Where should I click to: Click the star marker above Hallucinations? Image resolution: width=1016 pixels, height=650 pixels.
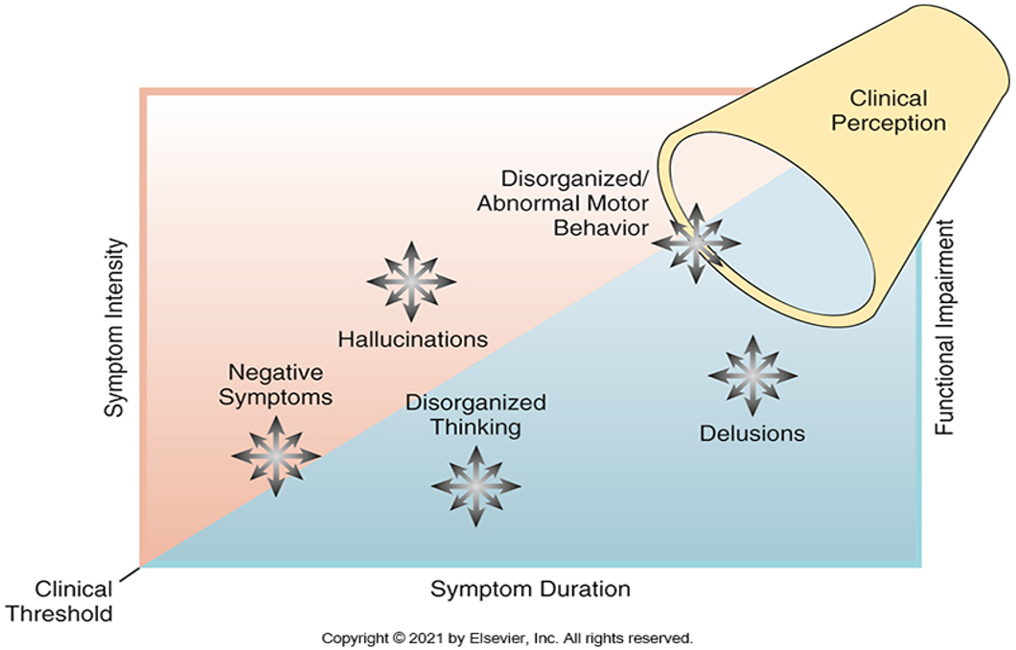point(411,281)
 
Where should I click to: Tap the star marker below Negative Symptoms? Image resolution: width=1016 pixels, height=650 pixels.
point(276,456)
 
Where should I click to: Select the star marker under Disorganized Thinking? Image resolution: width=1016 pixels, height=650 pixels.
point(475,485)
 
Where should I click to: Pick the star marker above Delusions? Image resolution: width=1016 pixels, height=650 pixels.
point(752,375)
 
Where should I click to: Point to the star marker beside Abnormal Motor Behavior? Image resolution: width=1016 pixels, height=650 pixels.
point(696,243)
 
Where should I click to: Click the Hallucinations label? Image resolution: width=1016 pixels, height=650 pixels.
point(413,339)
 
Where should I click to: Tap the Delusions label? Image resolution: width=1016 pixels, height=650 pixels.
point(752,433)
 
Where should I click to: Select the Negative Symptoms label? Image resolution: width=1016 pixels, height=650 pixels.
point(275,384)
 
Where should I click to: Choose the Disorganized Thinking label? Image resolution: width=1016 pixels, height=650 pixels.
point(475,415)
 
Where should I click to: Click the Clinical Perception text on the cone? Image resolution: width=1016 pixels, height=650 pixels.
point(889,110)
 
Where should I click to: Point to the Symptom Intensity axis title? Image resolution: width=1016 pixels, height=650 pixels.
point(115,328)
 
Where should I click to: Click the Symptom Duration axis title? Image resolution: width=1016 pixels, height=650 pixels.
point(530,589)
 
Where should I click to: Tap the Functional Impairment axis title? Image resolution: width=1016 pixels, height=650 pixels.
point(945,328)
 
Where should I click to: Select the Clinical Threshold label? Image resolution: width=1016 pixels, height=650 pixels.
point(59,601)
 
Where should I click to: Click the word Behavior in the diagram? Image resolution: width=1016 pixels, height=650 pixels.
point(601,227)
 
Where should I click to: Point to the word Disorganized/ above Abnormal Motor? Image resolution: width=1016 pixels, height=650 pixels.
point(575,177)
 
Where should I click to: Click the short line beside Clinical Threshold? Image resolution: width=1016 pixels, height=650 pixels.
point(129,574)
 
